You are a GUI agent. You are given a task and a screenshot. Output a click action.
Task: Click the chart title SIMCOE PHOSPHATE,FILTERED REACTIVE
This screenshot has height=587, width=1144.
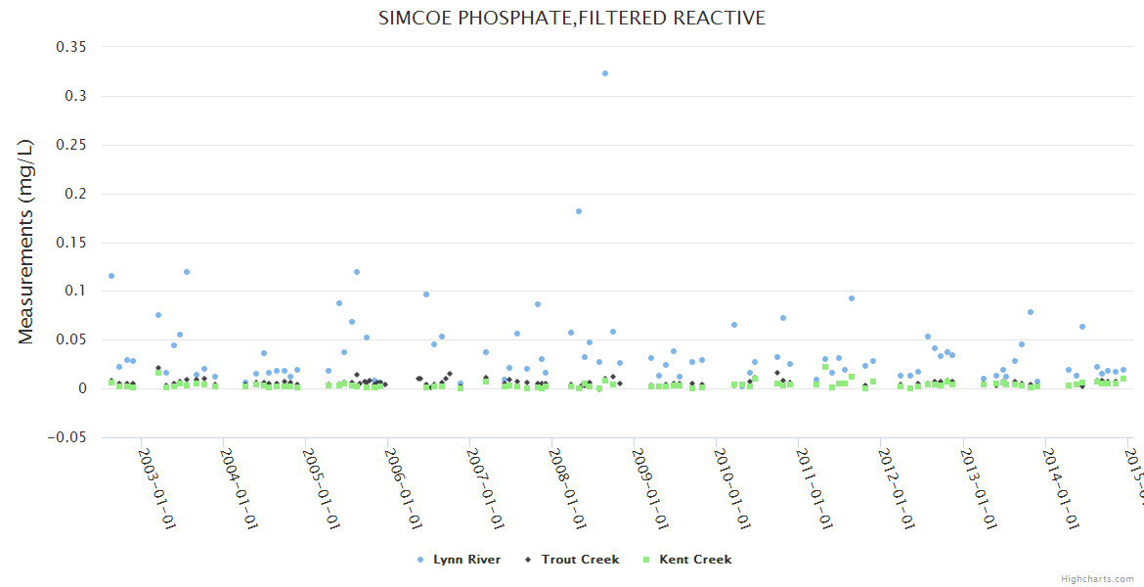coord(572,19)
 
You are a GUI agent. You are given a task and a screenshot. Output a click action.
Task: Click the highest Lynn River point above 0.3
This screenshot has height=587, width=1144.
coord(605,73)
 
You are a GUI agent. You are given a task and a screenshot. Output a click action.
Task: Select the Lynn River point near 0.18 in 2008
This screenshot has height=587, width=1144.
coord(579,211)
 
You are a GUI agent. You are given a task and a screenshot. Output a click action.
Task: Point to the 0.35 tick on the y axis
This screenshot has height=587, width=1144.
coord(71,47)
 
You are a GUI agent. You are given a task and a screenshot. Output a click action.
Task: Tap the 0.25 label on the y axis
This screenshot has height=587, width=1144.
coord(71,145)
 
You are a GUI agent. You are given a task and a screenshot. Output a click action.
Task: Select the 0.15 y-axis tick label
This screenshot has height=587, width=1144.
coord(71,243)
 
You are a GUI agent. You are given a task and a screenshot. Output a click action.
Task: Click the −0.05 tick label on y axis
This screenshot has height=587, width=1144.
coord(66,437)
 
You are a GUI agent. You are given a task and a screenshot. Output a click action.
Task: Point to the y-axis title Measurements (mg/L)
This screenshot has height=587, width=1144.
coord(26,243)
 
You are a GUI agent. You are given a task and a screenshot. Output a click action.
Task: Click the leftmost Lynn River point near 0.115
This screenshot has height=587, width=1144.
coord(111,276)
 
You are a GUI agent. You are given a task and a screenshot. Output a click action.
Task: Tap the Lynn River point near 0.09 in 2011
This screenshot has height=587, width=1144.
coord(852,298)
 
